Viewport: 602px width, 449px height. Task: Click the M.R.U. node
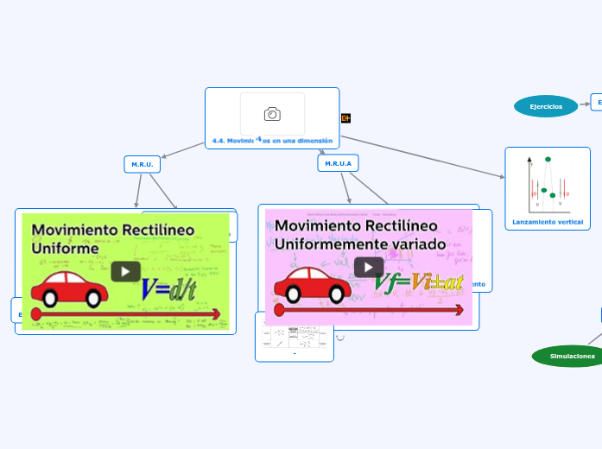tap(142, 164)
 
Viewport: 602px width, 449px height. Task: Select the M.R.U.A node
tap(338, 163)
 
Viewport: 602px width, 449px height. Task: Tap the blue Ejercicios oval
tap(546, 106)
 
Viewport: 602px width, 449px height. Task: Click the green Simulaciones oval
tap(572, 356)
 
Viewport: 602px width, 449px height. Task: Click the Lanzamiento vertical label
tap(548, 222)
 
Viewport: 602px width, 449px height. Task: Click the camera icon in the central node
tap(272, 114)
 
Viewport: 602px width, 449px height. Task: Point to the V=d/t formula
tap(168, 290)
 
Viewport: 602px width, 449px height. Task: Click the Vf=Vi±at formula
tap(418, 282)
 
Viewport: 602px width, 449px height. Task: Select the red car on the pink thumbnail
tap(312, 285)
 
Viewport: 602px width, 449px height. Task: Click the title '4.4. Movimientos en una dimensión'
tap(272, 140)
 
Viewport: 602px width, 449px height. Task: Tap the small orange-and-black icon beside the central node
tap(345, 118)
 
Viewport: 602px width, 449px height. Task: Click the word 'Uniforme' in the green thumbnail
tap(66, 249)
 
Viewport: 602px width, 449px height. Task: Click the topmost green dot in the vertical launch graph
tap(548, 160)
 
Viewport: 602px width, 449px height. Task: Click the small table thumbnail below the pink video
tap(294, 337)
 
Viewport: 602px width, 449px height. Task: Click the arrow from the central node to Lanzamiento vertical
tap(423, 155)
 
